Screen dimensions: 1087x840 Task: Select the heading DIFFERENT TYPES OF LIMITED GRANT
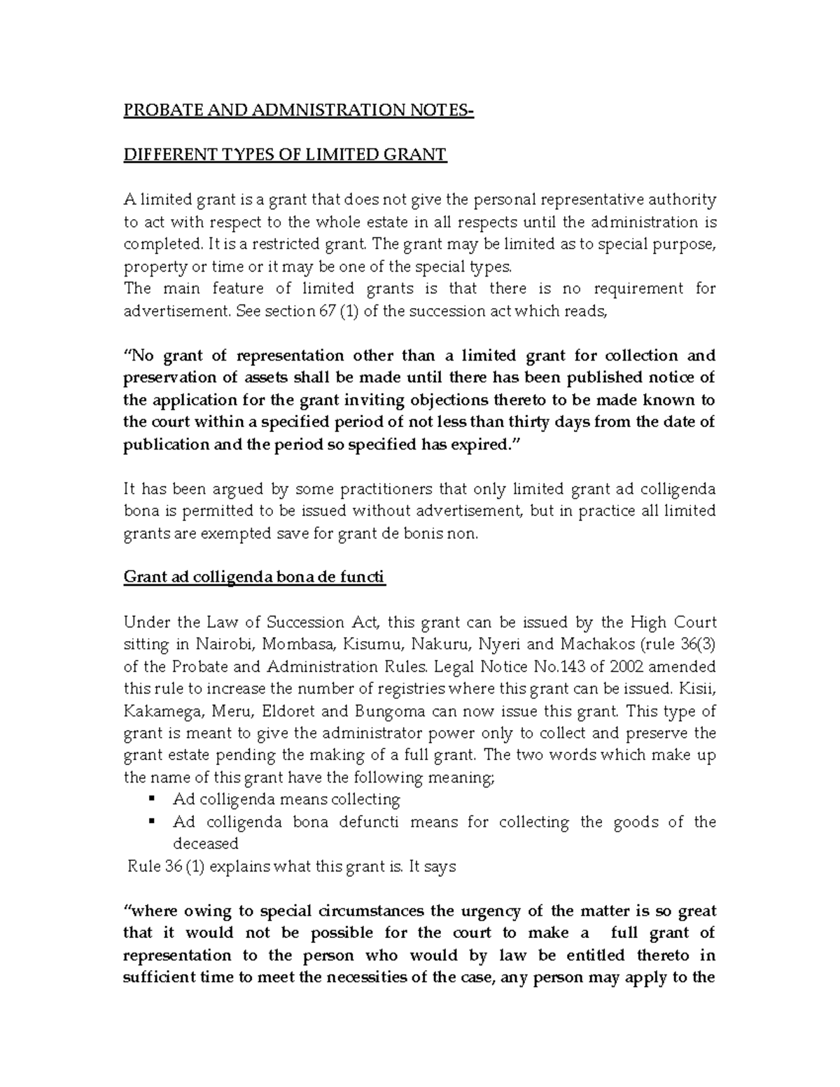285,155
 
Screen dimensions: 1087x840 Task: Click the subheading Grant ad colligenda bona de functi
254,577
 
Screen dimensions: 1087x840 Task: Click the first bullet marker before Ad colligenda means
151,799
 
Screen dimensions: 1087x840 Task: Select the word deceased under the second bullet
206,843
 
